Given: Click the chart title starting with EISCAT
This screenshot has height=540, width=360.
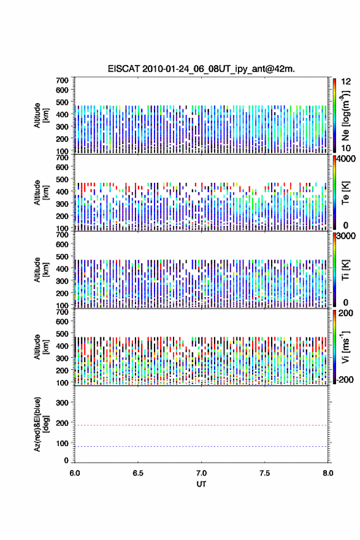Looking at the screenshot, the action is [x=201, y=69].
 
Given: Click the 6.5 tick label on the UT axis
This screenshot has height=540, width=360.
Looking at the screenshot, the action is [x=138, y=473].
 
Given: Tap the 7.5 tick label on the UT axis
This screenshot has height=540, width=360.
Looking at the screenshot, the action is [x=265, y=473].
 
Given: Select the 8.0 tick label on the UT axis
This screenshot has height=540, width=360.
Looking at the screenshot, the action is [x=328, y=473].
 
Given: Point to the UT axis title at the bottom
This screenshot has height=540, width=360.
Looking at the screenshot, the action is [x=201, y=484].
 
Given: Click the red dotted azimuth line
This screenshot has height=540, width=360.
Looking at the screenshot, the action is [x=201, y=425].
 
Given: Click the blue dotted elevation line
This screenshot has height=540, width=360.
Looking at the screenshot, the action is [x=201, y=446].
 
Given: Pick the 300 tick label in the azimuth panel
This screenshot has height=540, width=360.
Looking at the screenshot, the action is [x=62, y=403].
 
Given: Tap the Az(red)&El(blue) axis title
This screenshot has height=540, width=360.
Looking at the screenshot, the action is [x=41, y=424].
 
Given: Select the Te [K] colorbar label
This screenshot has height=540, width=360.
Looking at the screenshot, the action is [x=345, y=193].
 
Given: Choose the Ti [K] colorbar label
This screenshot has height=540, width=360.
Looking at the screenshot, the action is [x=345, y=270].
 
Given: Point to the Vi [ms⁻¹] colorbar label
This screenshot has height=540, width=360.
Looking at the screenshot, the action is [x=345, y=347].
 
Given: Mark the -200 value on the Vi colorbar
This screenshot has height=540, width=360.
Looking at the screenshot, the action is [x=345, y=379].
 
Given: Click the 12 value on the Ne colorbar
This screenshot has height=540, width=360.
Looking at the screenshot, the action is [x=346, y=82].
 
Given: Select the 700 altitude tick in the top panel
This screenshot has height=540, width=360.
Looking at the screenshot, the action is [x=62, y=80].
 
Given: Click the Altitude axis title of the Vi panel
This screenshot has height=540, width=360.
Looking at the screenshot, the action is [x=41, y=347].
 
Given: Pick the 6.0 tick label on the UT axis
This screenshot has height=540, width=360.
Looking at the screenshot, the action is [x=75, y=473].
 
